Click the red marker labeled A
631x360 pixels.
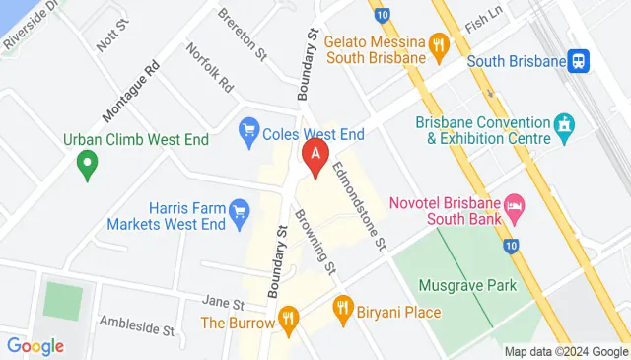tap(315, 156)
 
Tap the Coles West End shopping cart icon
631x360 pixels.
tap(249, 129)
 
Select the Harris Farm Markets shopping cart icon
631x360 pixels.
tap(238, 210)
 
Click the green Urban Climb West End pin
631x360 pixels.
tap(88, 164)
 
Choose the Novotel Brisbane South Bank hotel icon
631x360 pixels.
tap(515, 207)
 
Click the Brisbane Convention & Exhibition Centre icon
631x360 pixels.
tap(564, 125)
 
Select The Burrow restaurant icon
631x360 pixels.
tap(288, 317)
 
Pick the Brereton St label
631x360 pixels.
tap(243, 32)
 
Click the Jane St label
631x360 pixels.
tap(222, 302)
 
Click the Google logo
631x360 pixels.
tap(35, 346)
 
